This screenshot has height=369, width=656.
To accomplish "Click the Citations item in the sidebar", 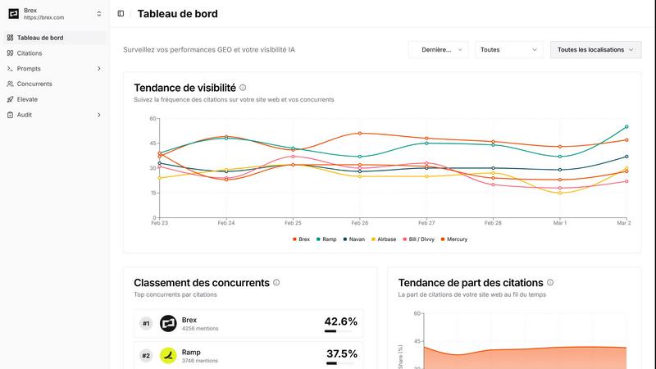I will pos(30,53).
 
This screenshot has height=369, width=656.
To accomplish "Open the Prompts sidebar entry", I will pos(29,69).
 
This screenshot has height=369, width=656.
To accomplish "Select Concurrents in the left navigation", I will pos(34,84).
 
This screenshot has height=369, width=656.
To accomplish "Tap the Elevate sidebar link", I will pos(27,99).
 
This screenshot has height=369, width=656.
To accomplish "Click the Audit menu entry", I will pos(25,115).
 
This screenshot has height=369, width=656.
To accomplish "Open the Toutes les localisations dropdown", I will pos(595,50).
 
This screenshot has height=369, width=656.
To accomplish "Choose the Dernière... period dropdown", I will pos(438,50).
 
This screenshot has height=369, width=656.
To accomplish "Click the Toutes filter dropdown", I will pos(508,50).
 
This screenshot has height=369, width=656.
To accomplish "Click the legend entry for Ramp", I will pos(326,239).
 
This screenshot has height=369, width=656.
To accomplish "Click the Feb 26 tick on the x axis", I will pos(359,223).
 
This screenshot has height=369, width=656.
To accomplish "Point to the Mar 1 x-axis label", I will pos(559,223).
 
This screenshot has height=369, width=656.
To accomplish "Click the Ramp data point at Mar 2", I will pos(626,127).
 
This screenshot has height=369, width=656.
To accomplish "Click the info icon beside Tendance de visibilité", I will pos(243,88).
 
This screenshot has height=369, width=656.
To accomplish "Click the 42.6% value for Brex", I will pos(341,321).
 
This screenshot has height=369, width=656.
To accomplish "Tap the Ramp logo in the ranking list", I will pos(168,356).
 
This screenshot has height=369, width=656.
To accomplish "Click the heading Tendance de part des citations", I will pos(470,283).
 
